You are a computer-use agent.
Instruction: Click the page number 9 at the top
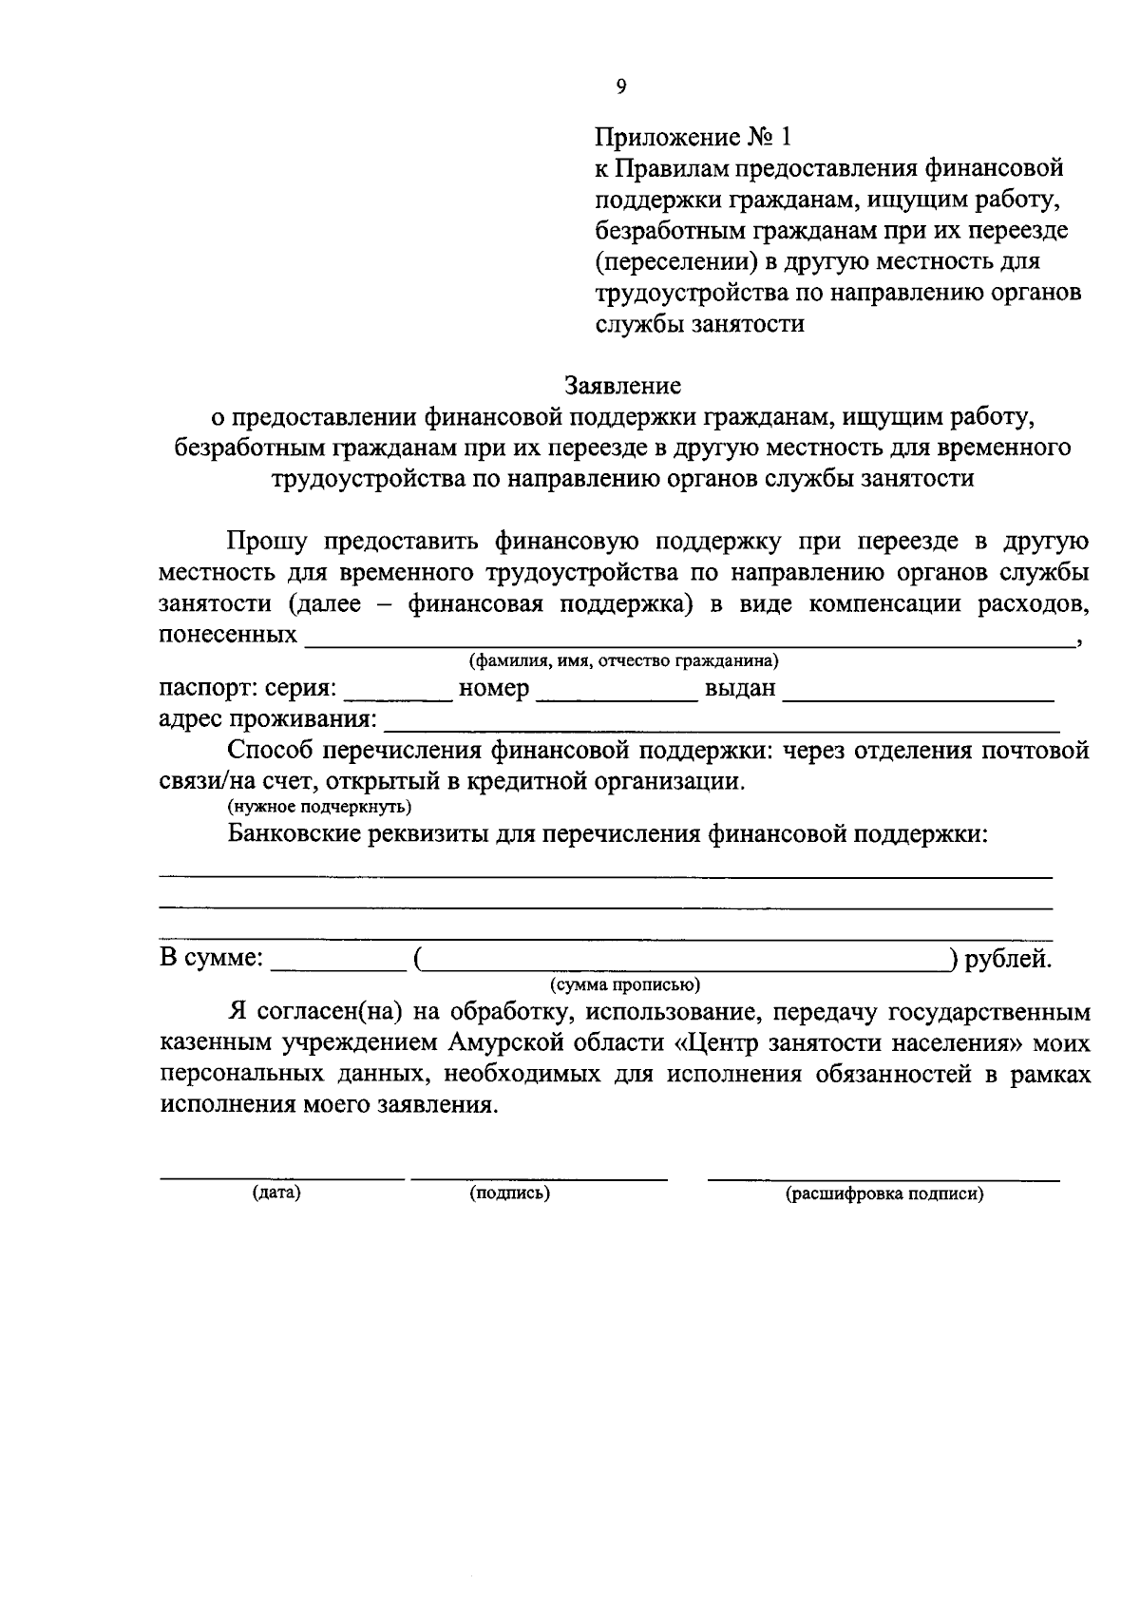pos(621,86)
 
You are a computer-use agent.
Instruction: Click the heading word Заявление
pos(622,386)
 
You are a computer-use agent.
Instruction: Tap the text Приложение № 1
pos(693,137)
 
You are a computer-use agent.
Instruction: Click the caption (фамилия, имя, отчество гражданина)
pos(623,660)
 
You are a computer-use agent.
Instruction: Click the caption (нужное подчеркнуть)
pos(318,807)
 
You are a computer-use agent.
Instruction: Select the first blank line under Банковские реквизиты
pos(605,874)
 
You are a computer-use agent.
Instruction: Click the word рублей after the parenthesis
pos(1008,959)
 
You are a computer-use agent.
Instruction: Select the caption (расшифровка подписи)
pos(883,1194)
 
